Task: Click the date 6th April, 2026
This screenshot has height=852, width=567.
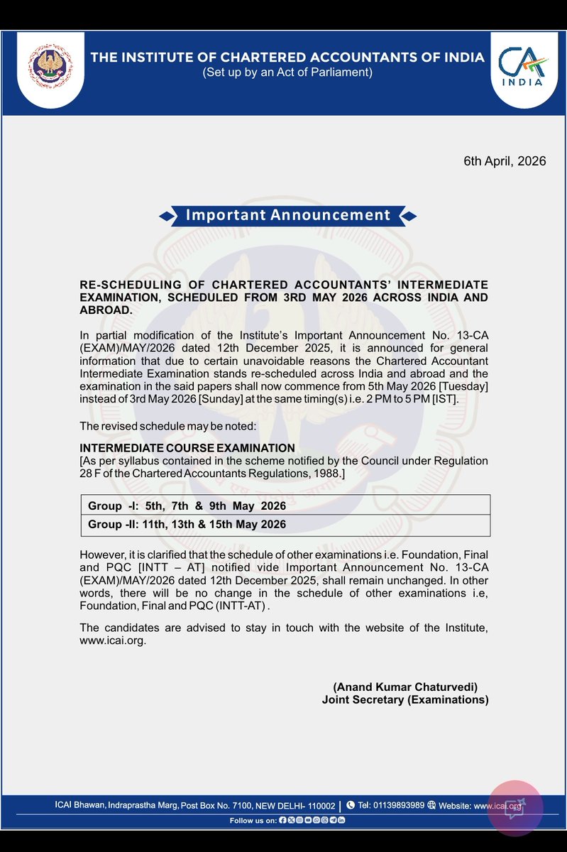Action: [x=505, y=161]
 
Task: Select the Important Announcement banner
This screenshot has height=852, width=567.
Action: [x=287, y=215]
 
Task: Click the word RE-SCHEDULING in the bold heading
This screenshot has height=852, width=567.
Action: [x=121, y=285]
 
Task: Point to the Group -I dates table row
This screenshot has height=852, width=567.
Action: [x=285, y=506]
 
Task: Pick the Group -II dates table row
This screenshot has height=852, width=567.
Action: [x=285, y=525]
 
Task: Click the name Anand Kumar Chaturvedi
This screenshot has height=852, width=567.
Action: [x=405, y=687]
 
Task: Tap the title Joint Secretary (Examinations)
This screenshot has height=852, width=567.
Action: [x=405, y=700]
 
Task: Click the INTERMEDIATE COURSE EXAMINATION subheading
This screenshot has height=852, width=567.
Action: [x=187, y=448]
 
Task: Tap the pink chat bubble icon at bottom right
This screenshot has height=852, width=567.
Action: [x=515, y=809]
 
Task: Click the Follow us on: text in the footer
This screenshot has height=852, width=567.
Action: [x=253, y=821]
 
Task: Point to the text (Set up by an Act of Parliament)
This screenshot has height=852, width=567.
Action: [x=287, y=72]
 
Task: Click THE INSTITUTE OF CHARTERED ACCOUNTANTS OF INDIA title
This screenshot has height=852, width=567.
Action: [x=287, y=58]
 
